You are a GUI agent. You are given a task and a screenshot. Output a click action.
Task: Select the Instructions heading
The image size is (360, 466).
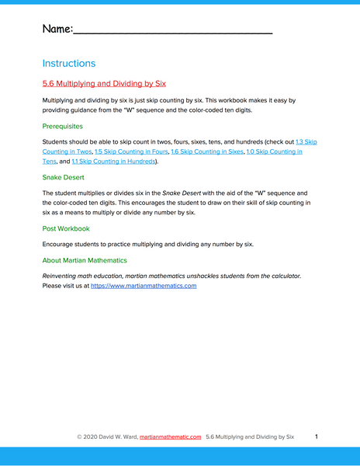coord(69,63)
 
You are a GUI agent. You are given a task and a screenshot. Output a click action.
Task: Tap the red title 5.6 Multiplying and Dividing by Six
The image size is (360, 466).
coord(104,83)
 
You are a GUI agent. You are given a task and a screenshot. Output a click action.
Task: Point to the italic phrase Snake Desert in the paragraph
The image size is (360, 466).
coord(179,193)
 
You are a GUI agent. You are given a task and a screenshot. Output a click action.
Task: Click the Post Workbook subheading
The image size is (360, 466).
coord(67,228)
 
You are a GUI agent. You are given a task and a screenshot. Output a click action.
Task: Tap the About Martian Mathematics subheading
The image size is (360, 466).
coord(85,260)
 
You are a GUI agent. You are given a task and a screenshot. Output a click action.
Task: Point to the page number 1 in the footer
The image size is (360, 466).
coord(317,437)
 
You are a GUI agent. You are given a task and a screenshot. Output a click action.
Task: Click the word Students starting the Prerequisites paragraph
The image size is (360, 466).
coord(57,142)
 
